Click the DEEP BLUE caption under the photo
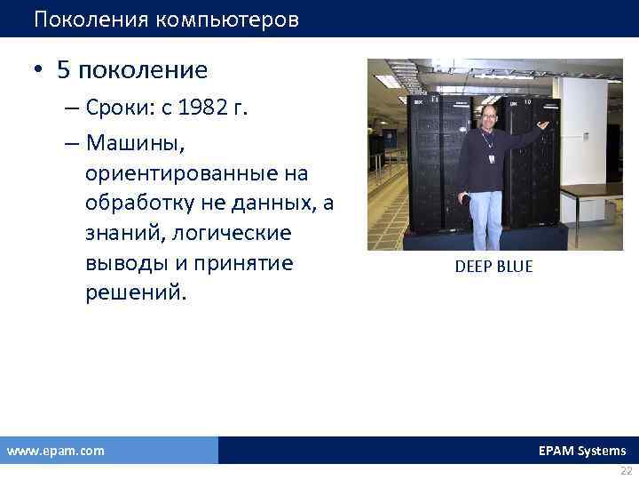[x=493, y=267]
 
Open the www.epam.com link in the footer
[x=55, y=451]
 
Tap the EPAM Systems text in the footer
[x=581, y=451]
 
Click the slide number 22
[x=627, y=471]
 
